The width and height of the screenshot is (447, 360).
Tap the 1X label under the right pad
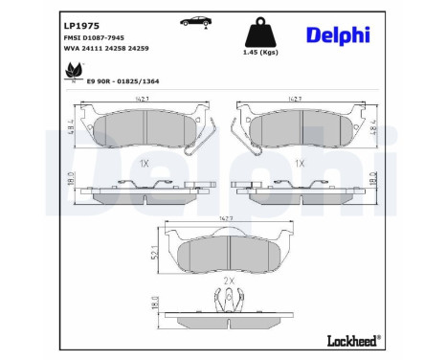(x=299, y=164)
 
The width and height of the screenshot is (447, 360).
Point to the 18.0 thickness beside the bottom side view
(x=155, y=304)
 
